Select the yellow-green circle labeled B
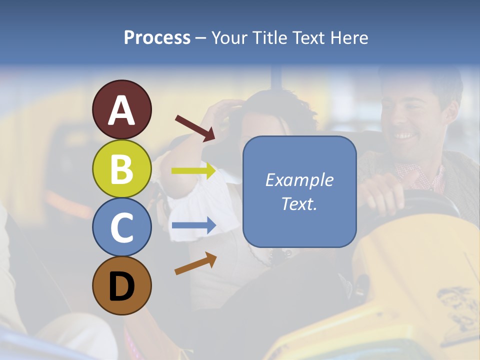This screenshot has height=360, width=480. (x=121, y=168)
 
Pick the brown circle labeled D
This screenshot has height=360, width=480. (x=121, y=285)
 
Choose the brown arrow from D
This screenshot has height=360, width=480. (x=195, y=263)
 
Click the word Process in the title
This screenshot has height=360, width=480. (x=157, y=37)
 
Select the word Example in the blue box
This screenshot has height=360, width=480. (x=299, y=180)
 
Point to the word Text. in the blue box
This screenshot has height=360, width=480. (x=299, y=203)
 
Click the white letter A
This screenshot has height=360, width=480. (x=121, y=110)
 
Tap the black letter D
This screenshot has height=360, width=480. (x=121, y=286)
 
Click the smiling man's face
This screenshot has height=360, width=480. (x=407, y=125)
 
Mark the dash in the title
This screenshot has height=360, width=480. (x=201, y=38)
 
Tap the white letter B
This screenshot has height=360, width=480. (x=121, y=169)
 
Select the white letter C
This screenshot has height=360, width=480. (x=121, y=227)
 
